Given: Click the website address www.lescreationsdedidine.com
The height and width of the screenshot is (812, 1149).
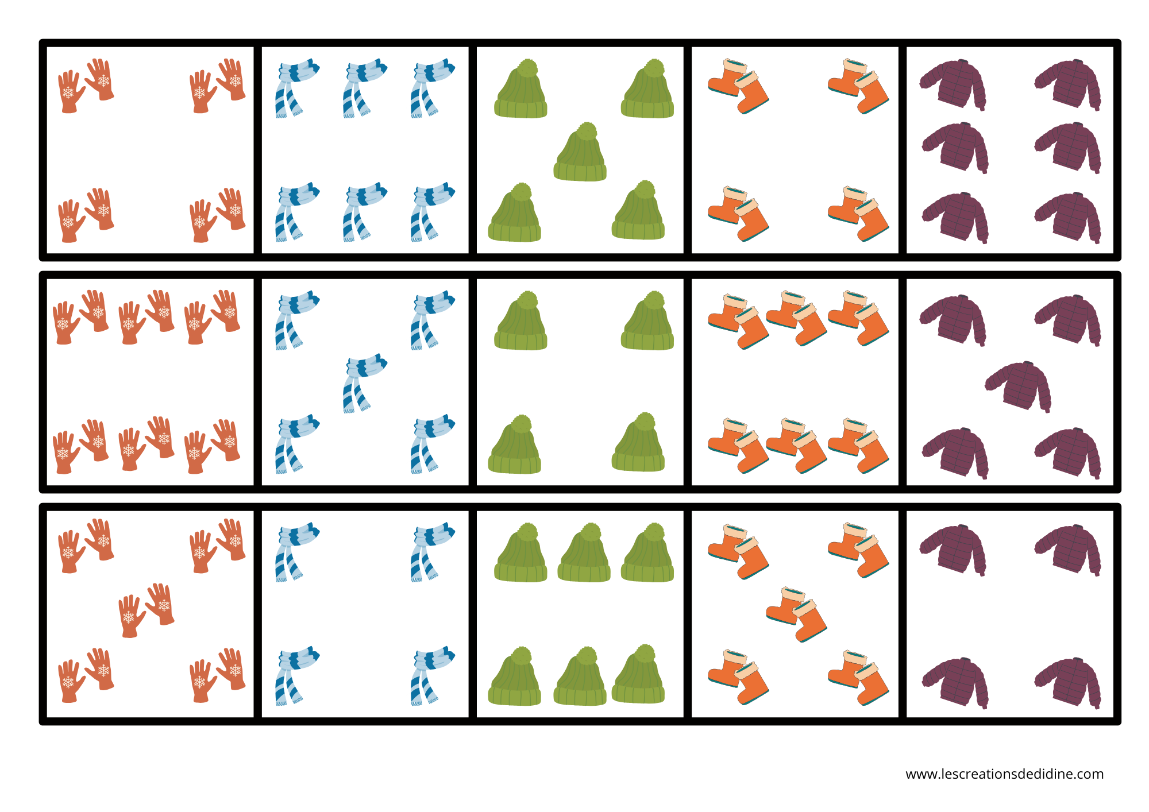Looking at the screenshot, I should pos(1004,774).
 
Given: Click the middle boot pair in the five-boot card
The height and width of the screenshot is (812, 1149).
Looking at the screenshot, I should pos(796,614).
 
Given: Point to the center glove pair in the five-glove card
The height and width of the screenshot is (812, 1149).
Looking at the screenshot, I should pos(146,609).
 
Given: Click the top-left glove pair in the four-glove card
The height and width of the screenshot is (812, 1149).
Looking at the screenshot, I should pos(86,86).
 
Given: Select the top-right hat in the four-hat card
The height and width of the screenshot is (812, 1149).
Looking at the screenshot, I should pos(647,321).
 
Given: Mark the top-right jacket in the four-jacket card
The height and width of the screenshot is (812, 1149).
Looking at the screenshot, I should pos(1068,550).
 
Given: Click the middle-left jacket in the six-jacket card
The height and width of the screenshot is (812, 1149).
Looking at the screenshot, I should pos(955,147).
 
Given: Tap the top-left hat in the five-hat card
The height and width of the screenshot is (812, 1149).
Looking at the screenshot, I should pos(521,90).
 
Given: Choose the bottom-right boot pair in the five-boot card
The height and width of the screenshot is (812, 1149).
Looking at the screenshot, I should pos(858,677).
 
